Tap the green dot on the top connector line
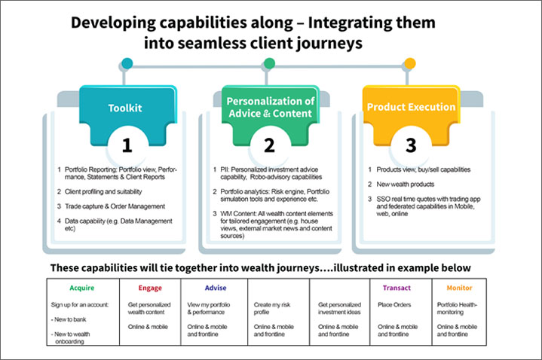coord(268,63)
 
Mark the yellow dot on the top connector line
coord(410,63)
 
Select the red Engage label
coord(149,288)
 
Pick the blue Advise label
coord(215,288)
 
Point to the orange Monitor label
coord(459,288)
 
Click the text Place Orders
coord(395,304)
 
